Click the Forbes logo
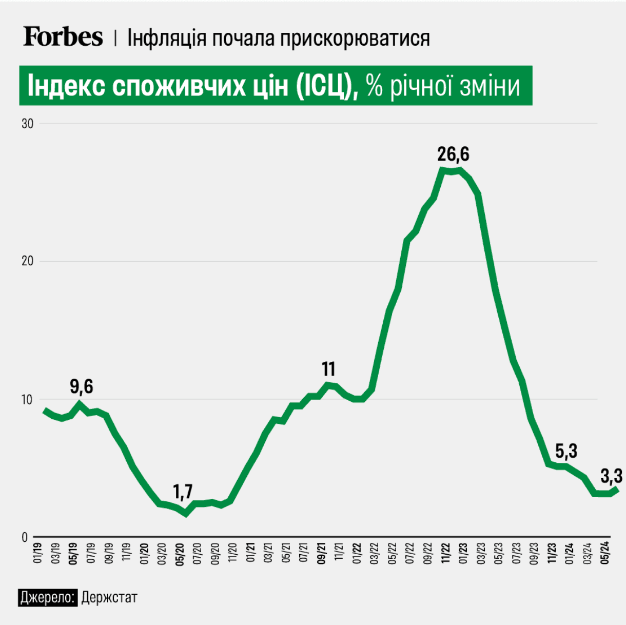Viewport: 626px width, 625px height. pos(63,37)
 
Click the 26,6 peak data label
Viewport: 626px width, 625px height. pos(453,154)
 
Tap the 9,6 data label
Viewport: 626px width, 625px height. pos(82,386)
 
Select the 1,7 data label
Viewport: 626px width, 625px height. pos(183,492)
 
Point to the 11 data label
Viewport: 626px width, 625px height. pos(328,369)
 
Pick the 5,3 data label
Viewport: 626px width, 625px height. pos(566,451)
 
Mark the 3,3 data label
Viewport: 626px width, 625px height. pos(611,476)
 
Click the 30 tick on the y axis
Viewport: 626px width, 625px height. pos(27,124)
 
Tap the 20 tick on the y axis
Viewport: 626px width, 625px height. pos(27,261)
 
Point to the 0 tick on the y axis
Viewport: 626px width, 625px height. pos(25,537)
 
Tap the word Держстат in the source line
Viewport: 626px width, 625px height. pos(109,597)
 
